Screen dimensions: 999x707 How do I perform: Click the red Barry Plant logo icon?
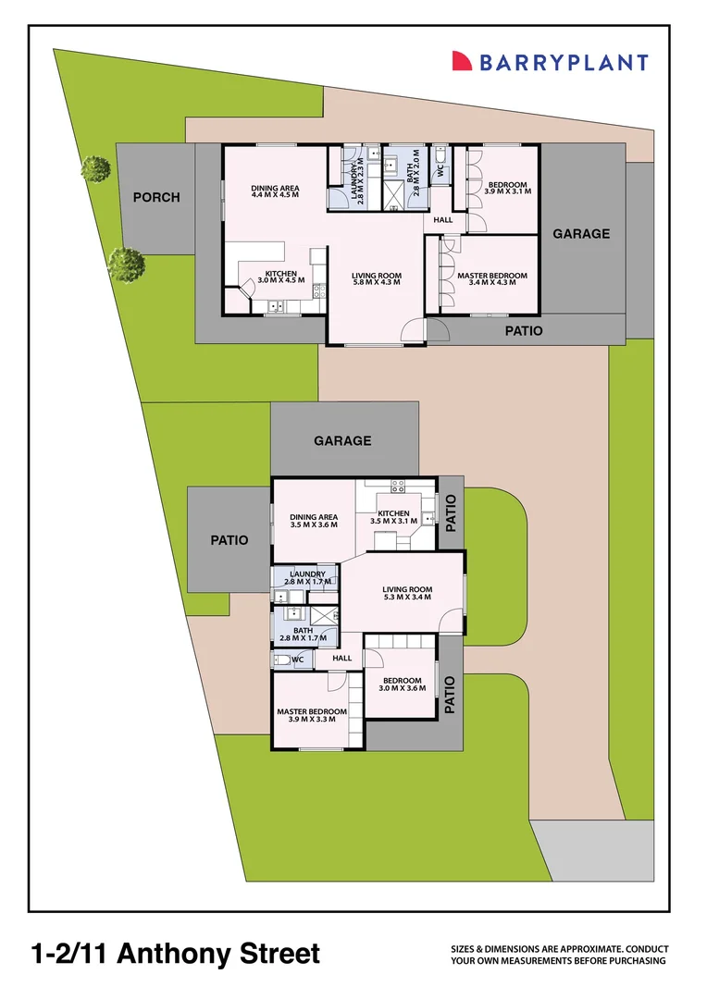pyautogui.click(x=462, y=61)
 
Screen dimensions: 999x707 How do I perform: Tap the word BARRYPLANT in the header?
pyautogui.click(x=563, y=62)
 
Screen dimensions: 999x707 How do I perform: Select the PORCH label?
pyautogui.click(x=156, y=197)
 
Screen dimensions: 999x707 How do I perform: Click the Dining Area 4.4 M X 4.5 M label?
pyautogui.click(x=275, y=191)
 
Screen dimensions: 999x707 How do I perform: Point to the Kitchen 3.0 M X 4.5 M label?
pyautogui.click(x=281, y=277)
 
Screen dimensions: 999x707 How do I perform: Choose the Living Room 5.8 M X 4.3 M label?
pyautogui.click(x=376, y=278)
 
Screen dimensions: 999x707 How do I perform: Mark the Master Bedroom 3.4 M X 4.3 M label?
pyautogui.click(x=492, y=278)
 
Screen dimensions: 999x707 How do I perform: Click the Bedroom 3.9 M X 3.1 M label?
pyautogui.click(x=506, y=188)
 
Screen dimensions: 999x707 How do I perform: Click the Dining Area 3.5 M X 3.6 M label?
pyautogui.click(x=314, y=521)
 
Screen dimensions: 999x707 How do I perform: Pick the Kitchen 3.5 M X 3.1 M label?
pyautogui.click(x=393, y=517)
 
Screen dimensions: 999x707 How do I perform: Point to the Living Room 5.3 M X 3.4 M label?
pyautogui.click(x=408, y=594)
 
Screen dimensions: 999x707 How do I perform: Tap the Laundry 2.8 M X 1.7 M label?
pyautogui.click(x=307, y=578)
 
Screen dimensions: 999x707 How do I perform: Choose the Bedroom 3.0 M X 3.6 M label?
pyautogui.click(x=403, y=684)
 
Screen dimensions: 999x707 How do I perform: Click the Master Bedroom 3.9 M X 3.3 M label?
pyautogui.click(x=312, y=715)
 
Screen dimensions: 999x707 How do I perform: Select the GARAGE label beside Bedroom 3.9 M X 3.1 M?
pyautogui.click(x=581, y=234)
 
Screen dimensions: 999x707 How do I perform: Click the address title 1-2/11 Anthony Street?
pyautogui.click(x=176, y=954)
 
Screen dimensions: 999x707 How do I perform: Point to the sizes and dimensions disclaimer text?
pyautogui.click(x=559, y=956)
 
